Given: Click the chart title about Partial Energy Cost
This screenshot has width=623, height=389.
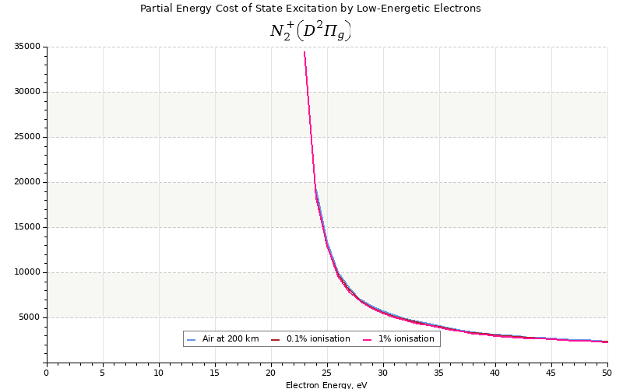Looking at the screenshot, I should [310, 9].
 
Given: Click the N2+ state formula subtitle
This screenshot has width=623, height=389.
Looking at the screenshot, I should [310, 30].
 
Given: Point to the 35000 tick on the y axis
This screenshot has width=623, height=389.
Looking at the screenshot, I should [27, 47].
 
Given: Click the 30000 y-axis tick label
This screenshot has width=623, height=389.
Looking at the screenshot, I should [27, 92].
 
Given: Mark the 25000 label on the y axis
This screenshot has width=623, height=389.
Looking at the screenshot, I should [27, 137].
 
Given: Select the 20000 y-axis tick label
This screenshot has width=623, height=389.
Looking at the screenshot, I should [27, 182].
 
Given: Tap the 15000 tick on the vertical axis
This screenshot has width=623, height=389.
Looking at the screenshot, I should [27, 227].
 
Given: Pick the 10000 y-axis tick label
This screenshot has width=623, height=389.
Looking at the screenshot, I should [27, 272].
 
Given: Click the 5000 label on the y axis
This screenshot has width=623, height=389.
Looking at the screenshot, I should [30, 317].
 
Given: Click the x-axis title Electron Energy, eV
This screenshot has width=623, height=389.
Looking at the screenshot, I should [326, 385].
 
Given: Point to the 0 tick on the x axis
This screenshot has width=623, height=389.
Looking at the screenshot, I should [47, 373].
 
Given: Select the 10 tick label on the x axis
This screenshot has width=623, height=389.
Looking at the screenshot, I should [159, 373].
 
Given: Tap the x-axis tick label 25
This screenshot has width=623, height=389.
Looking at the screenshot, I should [327, 373].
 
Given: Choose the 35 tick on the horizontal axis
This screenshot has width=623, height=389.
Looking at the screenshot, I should [439, 373].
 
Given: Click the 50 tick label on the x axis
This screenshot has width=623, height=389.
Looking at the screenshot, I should [607, 373].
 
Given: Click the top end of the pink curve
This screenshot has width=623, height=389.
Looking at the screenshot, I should [304, 52].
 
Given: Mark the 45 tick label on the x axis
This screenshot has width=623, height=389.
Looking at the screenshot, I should [551, 373].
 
